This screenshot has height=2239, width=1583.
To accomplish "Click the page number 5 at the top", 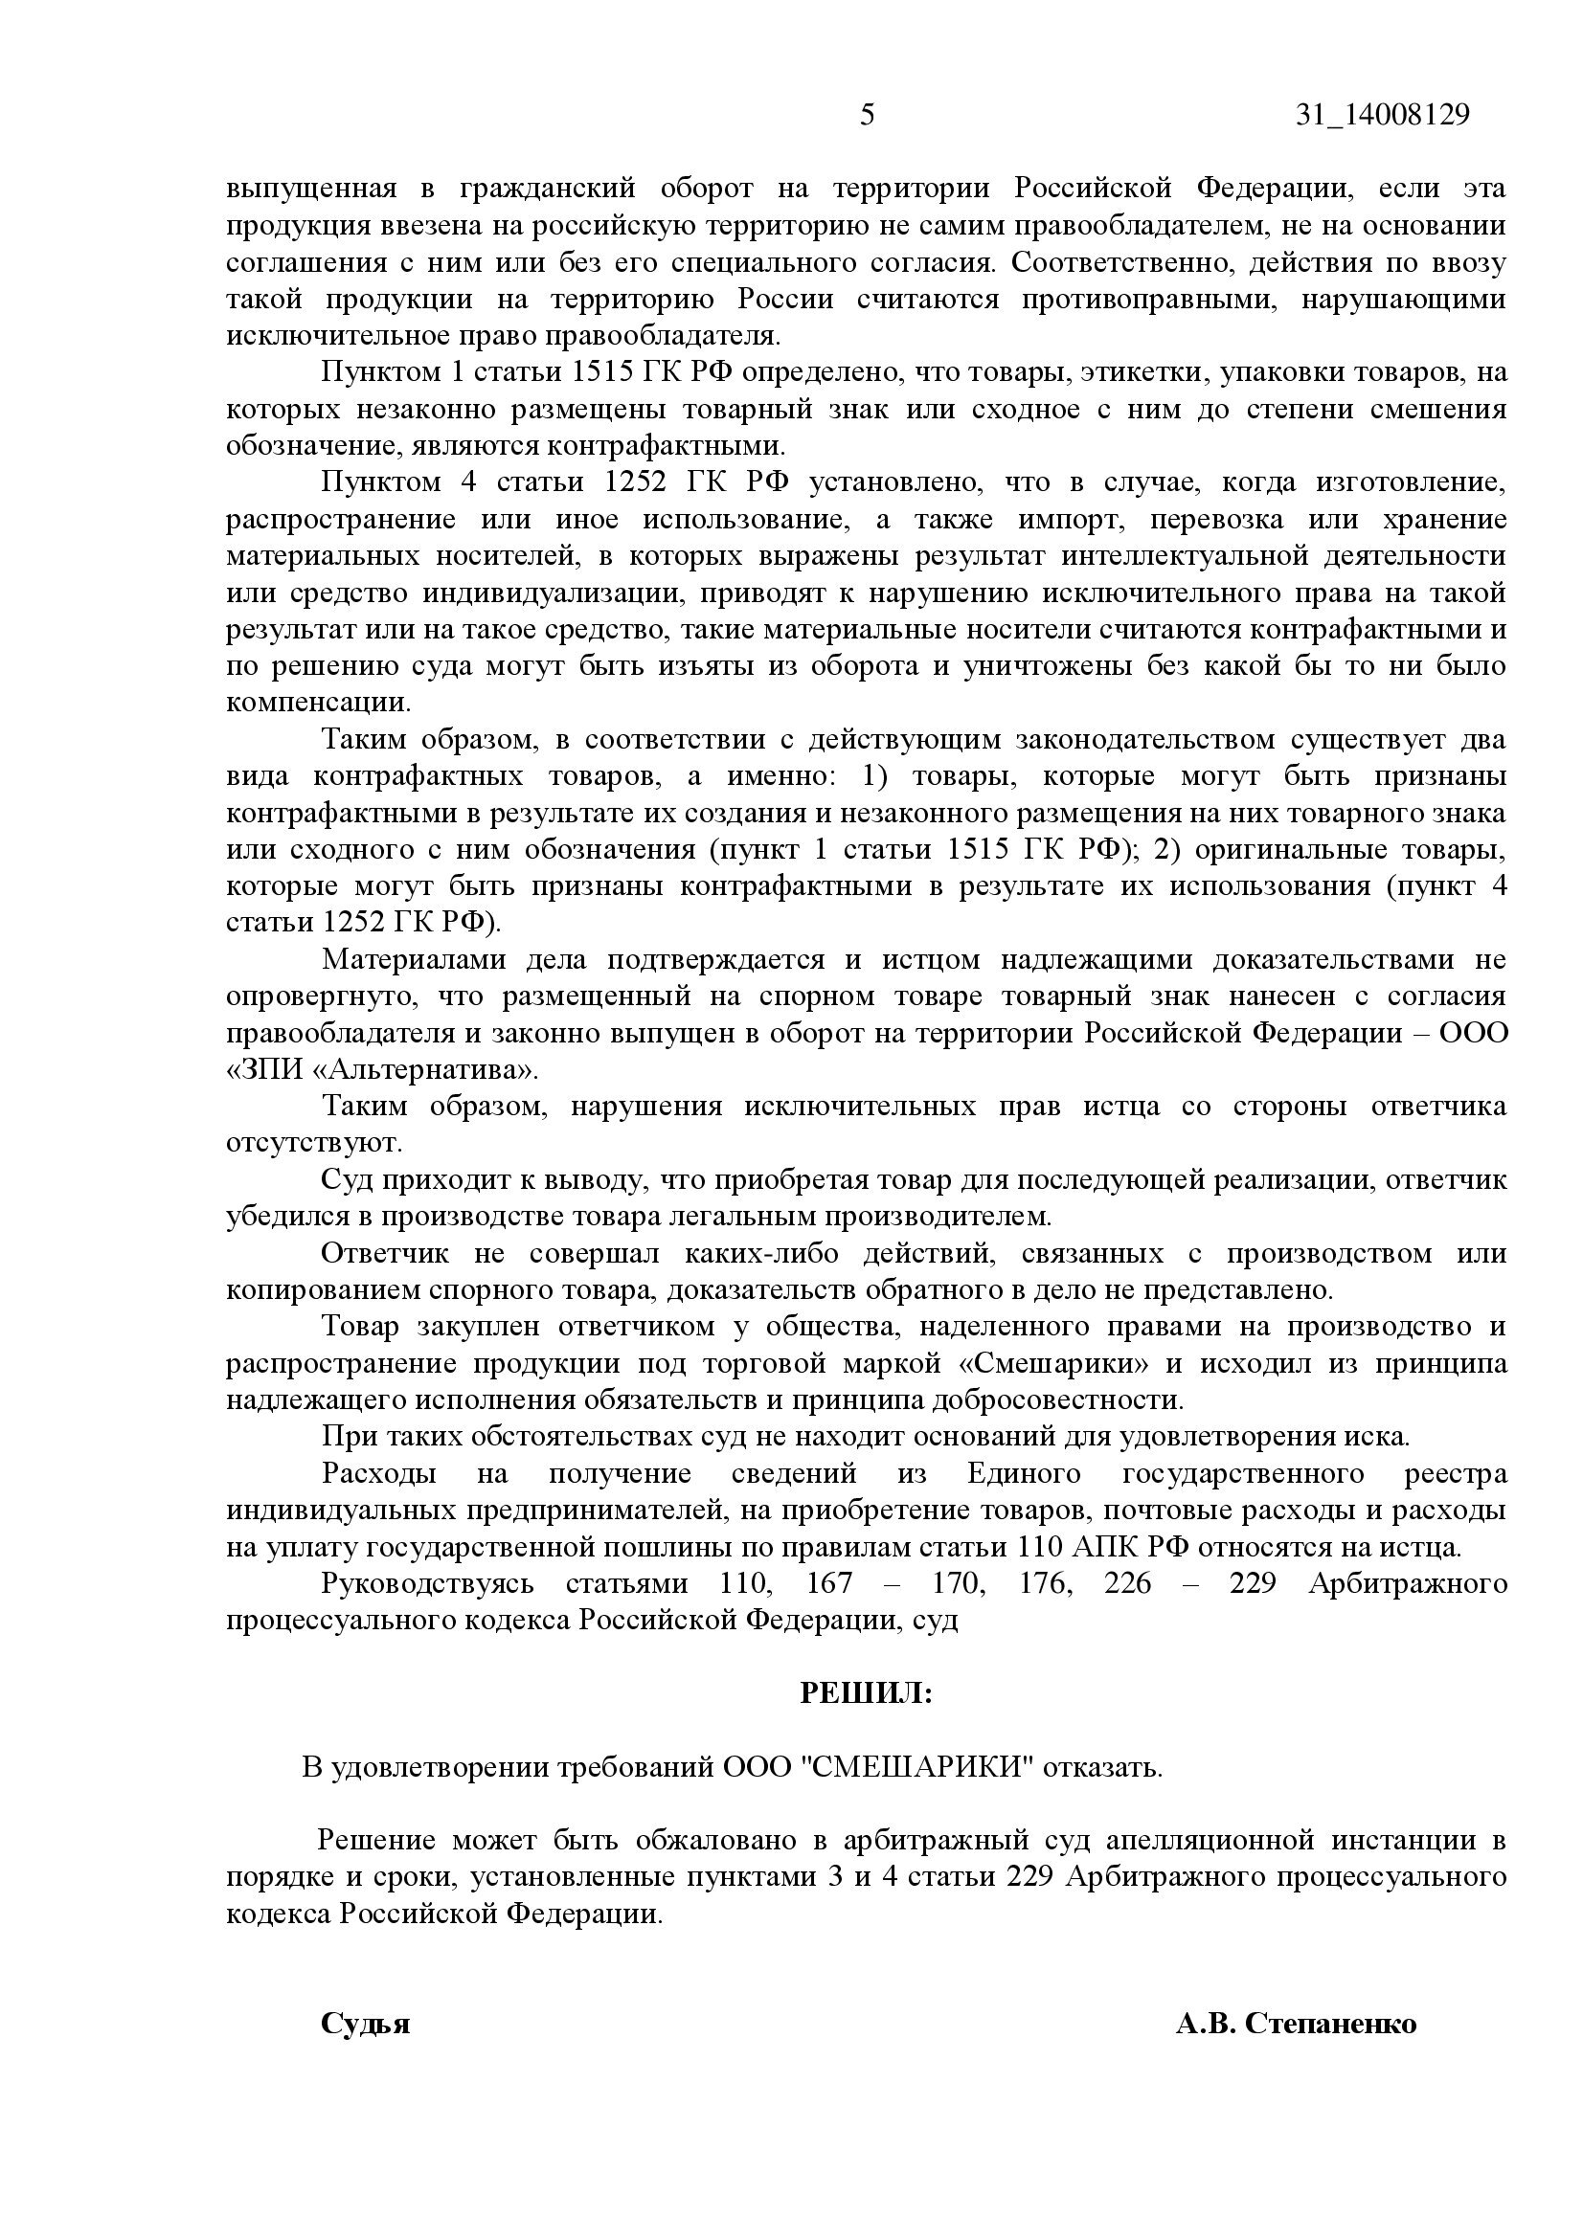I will coord(867,115).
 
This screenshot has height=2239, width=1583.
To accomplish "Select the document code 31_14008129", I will coord(1382,115).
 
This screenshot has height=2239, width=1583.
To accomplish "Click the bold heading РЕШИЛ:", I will coord(866,1693).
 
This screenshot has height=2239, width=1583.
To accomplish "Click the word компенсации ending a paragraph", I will coord(318,702).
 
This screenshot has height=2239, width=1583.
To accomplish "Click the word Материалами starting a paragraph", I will coord(414,959).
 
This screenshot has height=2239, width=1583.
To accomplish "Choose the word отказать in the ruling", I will coord(1102,1767).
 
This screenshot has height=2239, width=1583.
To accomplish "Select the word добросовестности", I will coord(1057,1399).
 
